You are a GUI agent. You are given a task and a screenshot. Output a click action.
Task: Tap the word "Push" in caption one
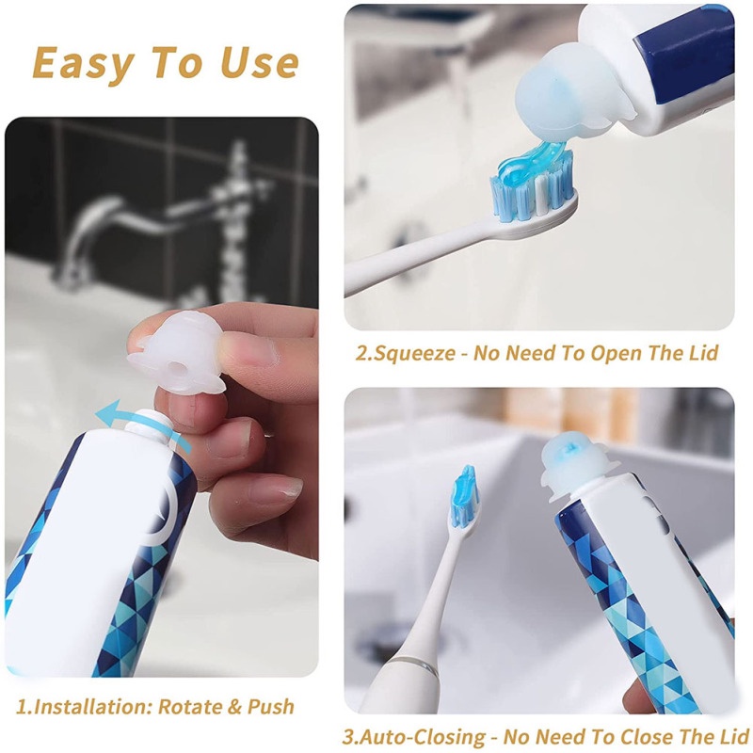[x=270, y=707]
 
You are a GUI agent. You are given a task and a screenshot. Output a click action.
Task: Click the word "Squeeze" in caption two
[x=414, y=354]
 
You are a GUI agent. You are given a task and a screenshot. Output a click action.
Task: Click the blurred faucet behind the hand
[x=158, y=216]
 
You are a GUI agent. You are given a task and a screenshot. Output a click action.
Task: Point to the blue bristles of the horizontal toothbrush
[x=532, y=192]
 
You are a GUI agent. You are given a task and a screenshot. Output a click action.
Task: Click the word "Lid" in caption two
[x=703, y=353]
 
